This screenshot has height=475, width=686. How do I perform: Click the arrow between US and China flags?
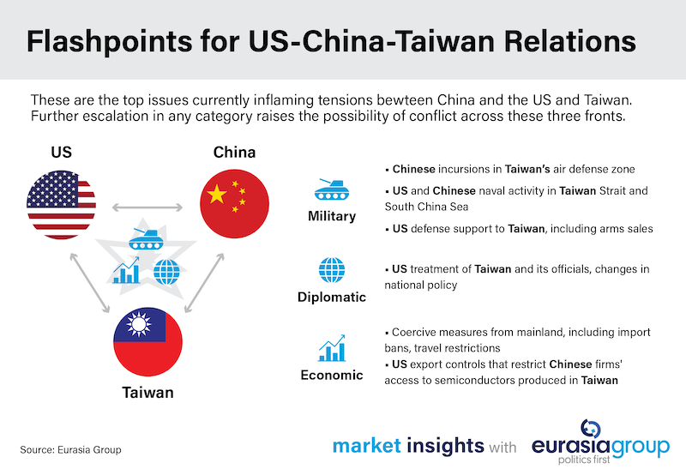[147, 207]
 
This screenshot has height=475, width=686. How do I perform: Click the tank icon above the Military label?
[331, 186]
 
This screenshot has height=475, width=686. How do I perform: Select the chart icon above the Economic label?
[331, 347]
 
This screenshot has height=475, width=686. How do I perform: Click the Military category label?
[331, 216]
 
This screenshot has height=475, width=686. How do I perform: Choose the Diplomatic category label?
[331, 298]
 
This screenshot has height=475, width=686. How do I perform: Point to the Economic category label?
[331, 375]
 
